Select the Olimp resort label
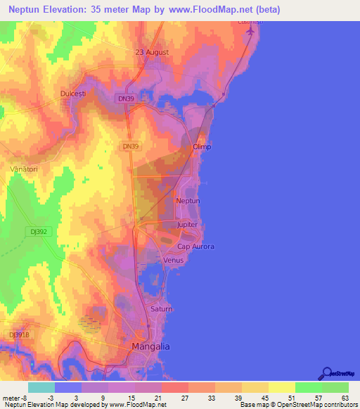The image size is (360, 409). coord(202,147)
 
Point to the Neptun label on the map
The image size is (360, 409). coord(188,201)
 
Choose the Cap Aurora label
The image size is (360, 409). coord(195,247)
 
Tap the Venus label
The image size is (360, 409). coord(173,260)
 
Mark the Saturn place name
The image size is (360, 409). coord(161,309)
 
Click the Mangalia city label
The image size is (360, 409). coord(151,347)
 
